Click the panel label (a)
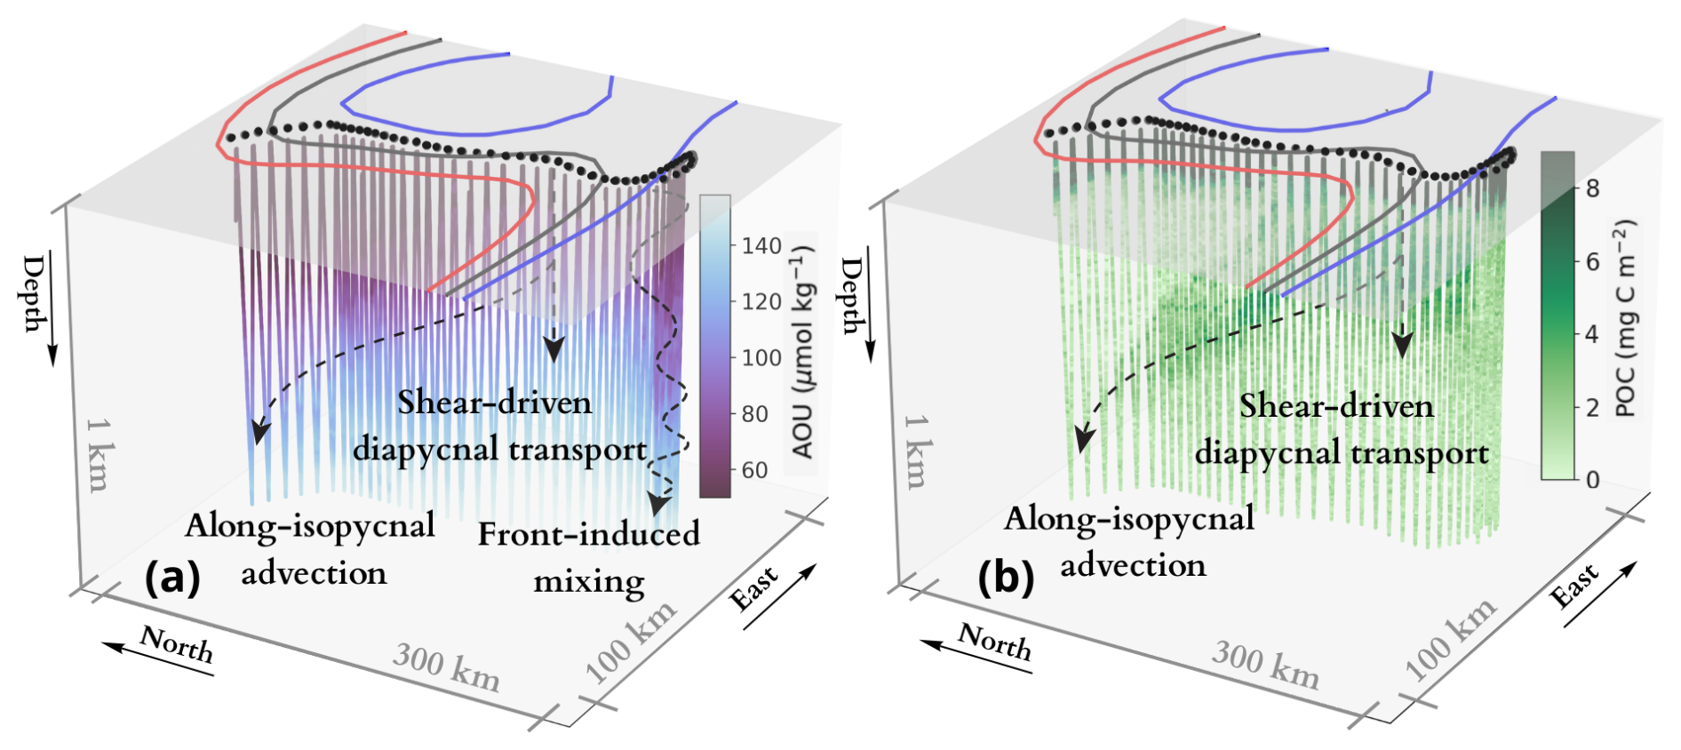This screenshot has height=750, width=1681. coord(172,578)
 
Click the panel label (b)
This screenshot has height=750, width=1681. coord(1006,578)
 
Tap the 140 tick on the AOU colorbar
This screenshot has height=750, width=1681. coord(761,245)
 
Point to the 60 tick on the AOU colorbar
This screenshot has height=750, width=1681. coord(754,470)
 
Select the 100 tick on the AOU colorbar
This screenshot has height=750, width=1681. coord(761,357)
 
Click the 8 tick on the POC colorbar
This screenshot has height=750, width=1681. coord(1592,187)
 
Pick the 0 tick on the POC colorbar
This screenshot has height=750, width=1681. coord(1592,480)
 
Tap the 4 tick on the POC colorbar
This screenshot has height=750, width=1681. coord(1592,334)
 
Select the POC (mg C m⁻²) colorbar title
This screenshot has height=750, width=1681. coord(1625,318)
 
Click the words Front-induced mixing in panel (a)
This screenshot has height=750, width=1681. coord(589,557)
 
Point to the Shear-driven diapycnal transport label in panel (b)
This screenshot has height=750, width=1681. coord(1341,429)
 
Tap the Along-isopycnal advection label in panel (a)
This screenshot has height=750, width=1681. coord(311,549)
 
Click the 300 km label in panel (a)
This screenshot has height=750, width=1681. coord(446,667)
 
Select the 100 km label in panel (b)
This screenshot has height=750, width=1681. coord(1450,640)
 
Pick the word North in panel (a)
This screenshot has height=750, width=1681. coord(177,644)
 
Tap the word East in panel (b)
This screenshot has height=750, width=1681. coord(1574,586)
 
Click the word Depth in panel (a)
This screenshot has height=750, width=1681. coord(34,293)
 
